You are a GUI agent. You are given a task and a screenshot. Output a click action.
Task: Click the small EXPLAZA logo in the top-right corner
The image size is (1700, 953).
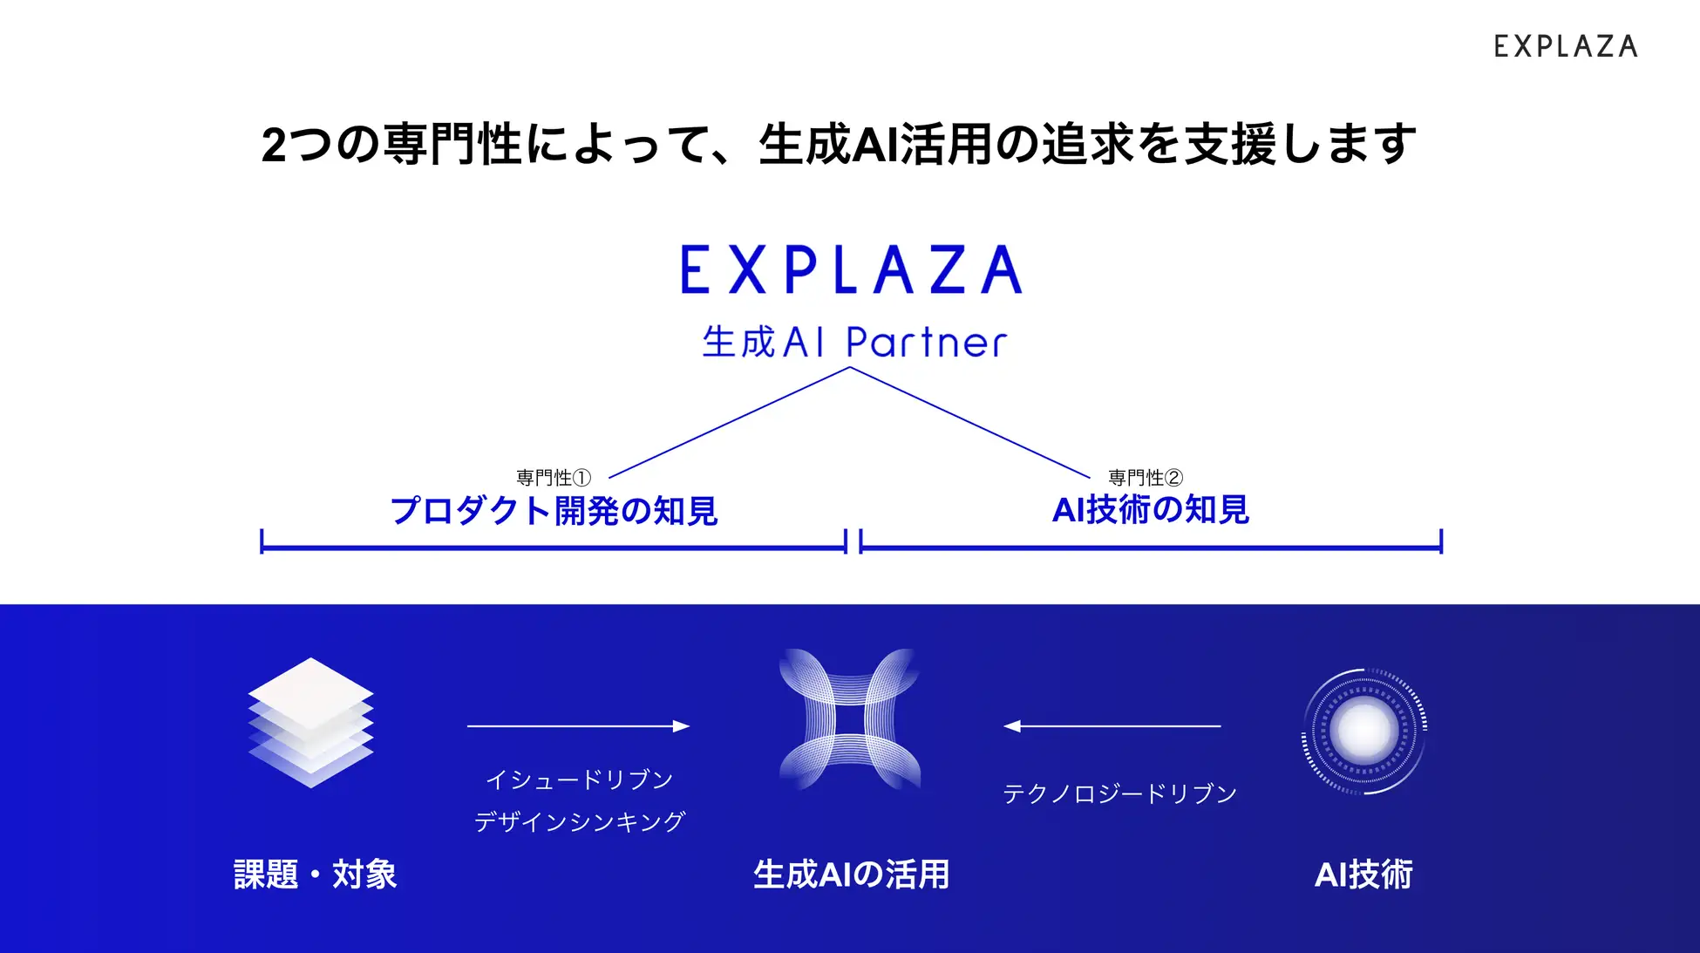1565,46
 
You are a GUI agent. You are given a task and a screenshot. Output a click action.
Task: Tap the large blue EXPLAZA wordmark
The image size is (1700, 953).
850,269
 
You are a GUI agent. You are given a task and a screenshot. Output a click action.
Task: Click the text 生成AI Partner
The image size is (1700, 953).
853,343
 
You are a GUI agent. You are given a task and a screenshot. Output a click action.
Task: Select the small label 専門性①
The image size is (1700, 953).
554,478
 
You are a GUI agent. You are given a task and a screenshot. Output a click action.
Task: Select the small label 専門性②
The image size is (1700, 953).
1145,478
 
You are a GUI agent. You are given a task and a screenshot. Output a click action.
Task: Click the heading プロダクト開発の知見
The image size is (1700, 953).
554,511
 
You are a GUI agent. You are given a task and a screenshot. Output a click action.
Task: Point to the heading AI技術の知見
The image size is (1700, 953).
1151,510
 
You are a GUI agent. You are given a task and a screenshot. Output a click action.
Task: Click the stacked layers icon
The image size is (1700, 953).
311,722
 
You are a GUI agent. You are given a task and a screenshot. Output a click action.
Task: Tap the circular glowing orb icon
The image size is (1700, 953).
1363,731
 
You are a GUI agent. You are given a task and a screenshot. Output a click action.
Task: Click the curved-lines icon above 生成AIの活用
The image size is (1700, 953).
850,719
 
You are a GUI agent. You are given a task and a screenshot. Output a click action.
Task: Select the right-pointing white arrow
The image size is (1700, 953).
578,725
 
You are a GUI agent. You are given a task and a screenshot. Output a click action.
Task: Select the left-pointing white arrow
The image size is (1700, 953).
1112,725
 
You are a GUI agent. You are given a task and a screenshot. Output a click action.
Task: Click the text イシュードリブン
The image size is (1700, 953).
579,779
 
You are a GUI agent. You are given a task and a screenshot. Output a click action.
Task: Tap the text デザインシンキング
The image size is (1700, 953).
579,821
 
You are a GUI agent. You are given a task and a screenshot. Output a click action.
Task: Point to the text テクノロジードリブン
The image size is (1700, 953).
1119,793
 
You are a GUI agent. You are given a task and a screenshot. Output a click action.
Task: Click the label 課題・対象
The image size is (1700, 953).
315,875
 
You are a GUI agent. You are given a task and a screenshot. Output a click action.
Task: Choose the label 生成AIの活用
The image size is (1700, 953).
851,875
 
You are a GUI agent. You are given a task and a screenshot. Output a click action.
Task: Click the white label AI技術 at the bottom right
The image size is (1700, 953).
1363,875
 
